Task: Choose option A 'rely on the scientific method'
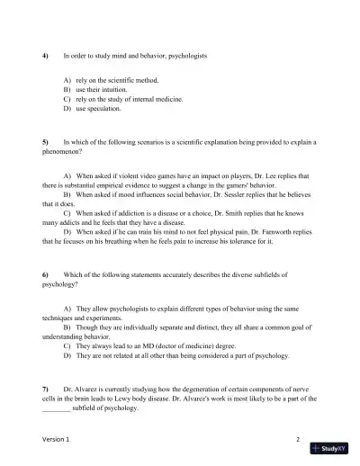114,80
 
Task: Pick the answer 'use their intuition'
101,90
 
